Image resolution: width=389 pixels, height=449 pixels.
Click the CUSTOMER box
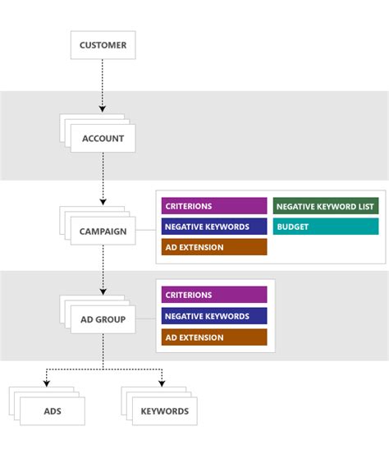pos(103,45)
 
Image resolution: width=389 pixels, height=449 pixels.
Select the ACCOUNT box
pos(103,139)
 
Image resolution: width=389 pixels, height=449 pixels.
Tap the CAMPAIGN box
pos(103,231)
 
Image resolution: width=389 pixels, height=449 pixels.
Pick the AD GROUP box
pos(103,319)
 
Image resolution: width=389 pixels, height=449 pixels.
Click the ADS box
pos(52,411)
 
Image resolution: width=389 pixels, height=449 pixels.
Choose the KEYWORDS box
pos(164,411)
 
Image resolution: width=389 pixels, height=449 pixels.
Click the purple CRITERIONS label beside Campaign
pos(214,206)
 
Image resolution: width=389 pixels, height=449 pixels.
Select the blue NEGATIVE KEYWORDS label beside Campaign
pos(214,227)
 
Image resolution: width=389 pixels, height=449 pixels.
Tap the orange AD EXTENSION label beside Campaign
pos(214,247)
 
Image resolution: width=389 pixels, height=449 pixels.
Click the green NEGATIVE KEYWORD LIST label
pos(325,206)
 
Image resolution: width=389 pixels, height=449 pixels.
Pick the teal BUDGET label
pos(325,227)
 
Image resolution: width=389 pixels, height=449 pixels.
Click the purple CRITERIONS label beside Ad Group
pos(214,295)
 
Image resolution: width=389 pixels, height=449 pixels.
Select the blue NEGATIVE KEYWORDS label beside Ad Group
pos(214,316)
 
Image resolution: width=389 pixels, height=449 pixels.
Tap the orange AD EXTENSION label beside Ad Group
pos(214,337)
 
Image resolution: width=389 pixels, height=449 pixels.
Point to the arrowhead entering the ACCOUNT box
pos(103,108)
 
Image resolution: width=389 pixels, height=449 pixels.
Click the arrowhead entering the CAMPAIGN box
pos(103,202)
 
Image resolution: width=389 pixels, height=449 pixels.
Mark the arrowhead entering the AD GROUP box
pos(103,291)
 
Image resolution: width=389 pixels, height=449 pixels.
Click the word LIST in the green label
pos(365,206)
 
